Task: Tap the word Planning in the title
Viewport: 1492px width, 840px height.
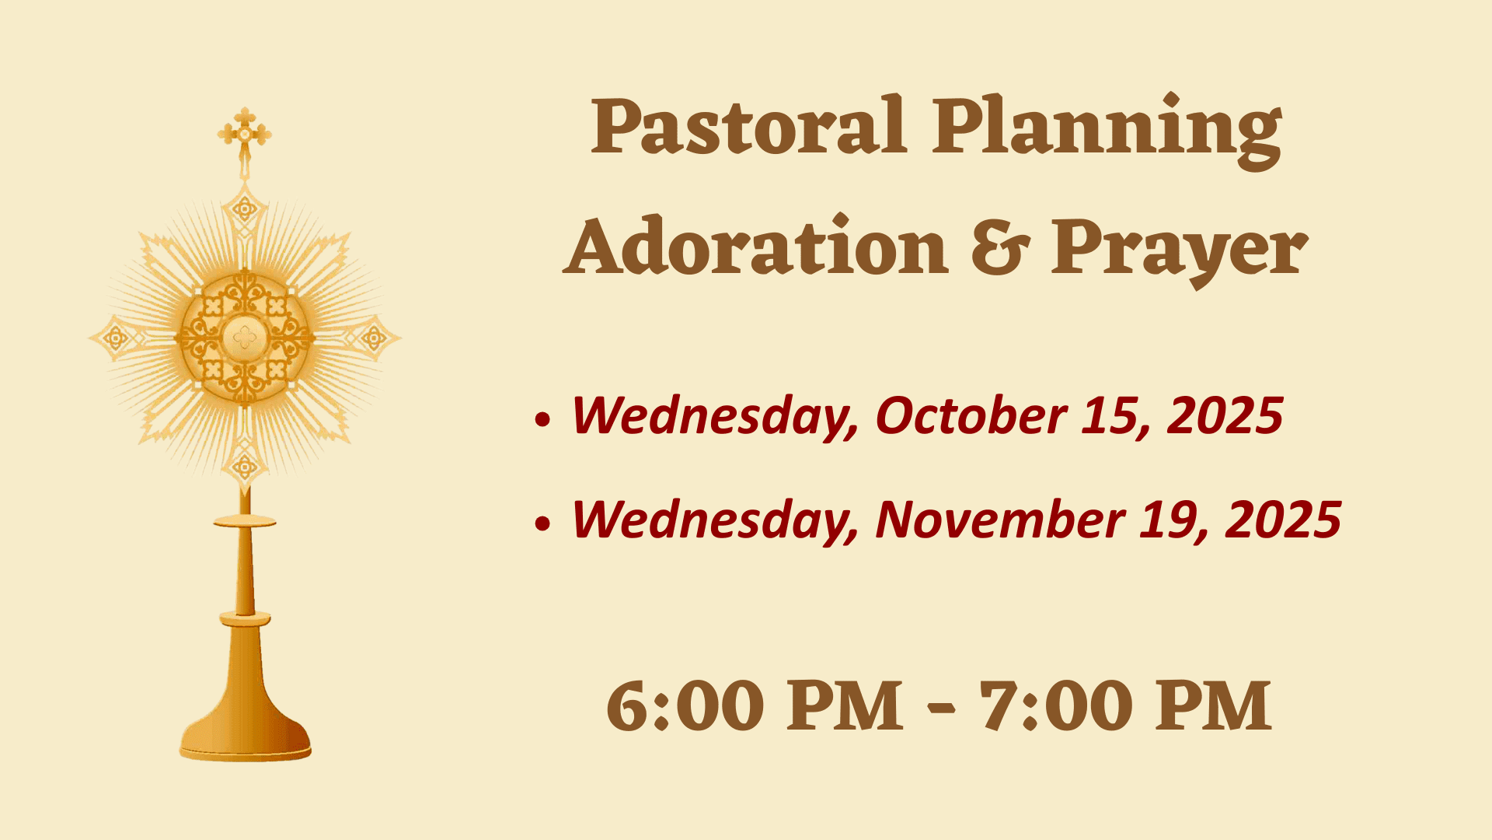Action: tap(1107, 131)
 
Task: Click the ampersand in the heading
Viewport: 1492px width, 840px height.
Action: tap(999, 247)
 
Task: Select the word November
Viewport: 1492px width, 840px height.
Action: tap(1000, 519)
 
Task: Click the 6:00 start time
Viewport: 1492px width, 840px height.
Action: tap(685, 706)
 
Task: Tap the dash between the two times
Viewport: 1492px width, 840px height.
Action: tap(942, 709)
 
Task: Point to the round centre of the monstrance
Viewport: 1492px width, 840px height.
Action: tap(245, 338)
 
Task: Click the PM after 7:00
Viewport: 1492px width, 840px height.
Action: tap(1213, 706)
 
